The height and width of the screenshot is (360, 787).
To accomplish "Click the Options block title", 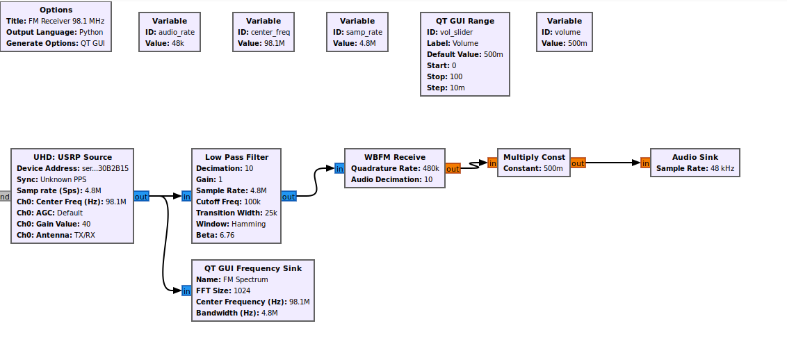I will point(56,10).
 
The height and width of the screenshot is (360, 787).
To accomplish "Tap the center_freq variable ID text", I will point(263,32).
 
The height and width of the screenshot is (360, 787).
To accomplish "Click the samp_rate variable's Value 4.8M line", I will point(355,43).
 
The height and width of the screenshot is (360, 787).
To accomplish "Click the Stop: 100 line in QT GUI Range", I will point(445,76).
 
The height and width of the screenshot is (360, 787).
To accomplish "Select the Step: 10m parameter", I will point(446,88).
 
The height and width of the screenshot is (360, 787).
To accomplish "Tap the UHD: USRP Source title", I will point(72,157).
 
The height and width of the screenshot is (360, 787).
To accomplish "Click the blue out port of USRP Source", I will point(141,197).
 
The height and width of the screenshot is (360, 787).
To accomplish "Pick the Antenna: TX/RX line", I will point(55,235).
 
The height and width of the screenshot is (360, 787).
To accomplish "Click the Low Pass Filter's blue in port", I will point(186,197).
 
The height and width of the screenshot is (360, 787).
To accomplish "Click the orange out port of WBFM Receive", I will point(453,169).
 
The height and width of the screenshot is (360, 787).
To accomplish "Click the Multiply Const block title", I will point(535,157).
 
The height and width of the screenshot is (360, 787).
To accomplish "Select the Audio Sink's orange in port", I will point(645,163).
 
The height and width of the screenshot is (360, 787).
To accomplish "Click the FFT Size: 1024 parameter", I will point(223,291).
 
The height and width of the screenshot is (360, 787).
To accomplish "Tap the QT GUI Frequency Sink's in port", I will point(186,291).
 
